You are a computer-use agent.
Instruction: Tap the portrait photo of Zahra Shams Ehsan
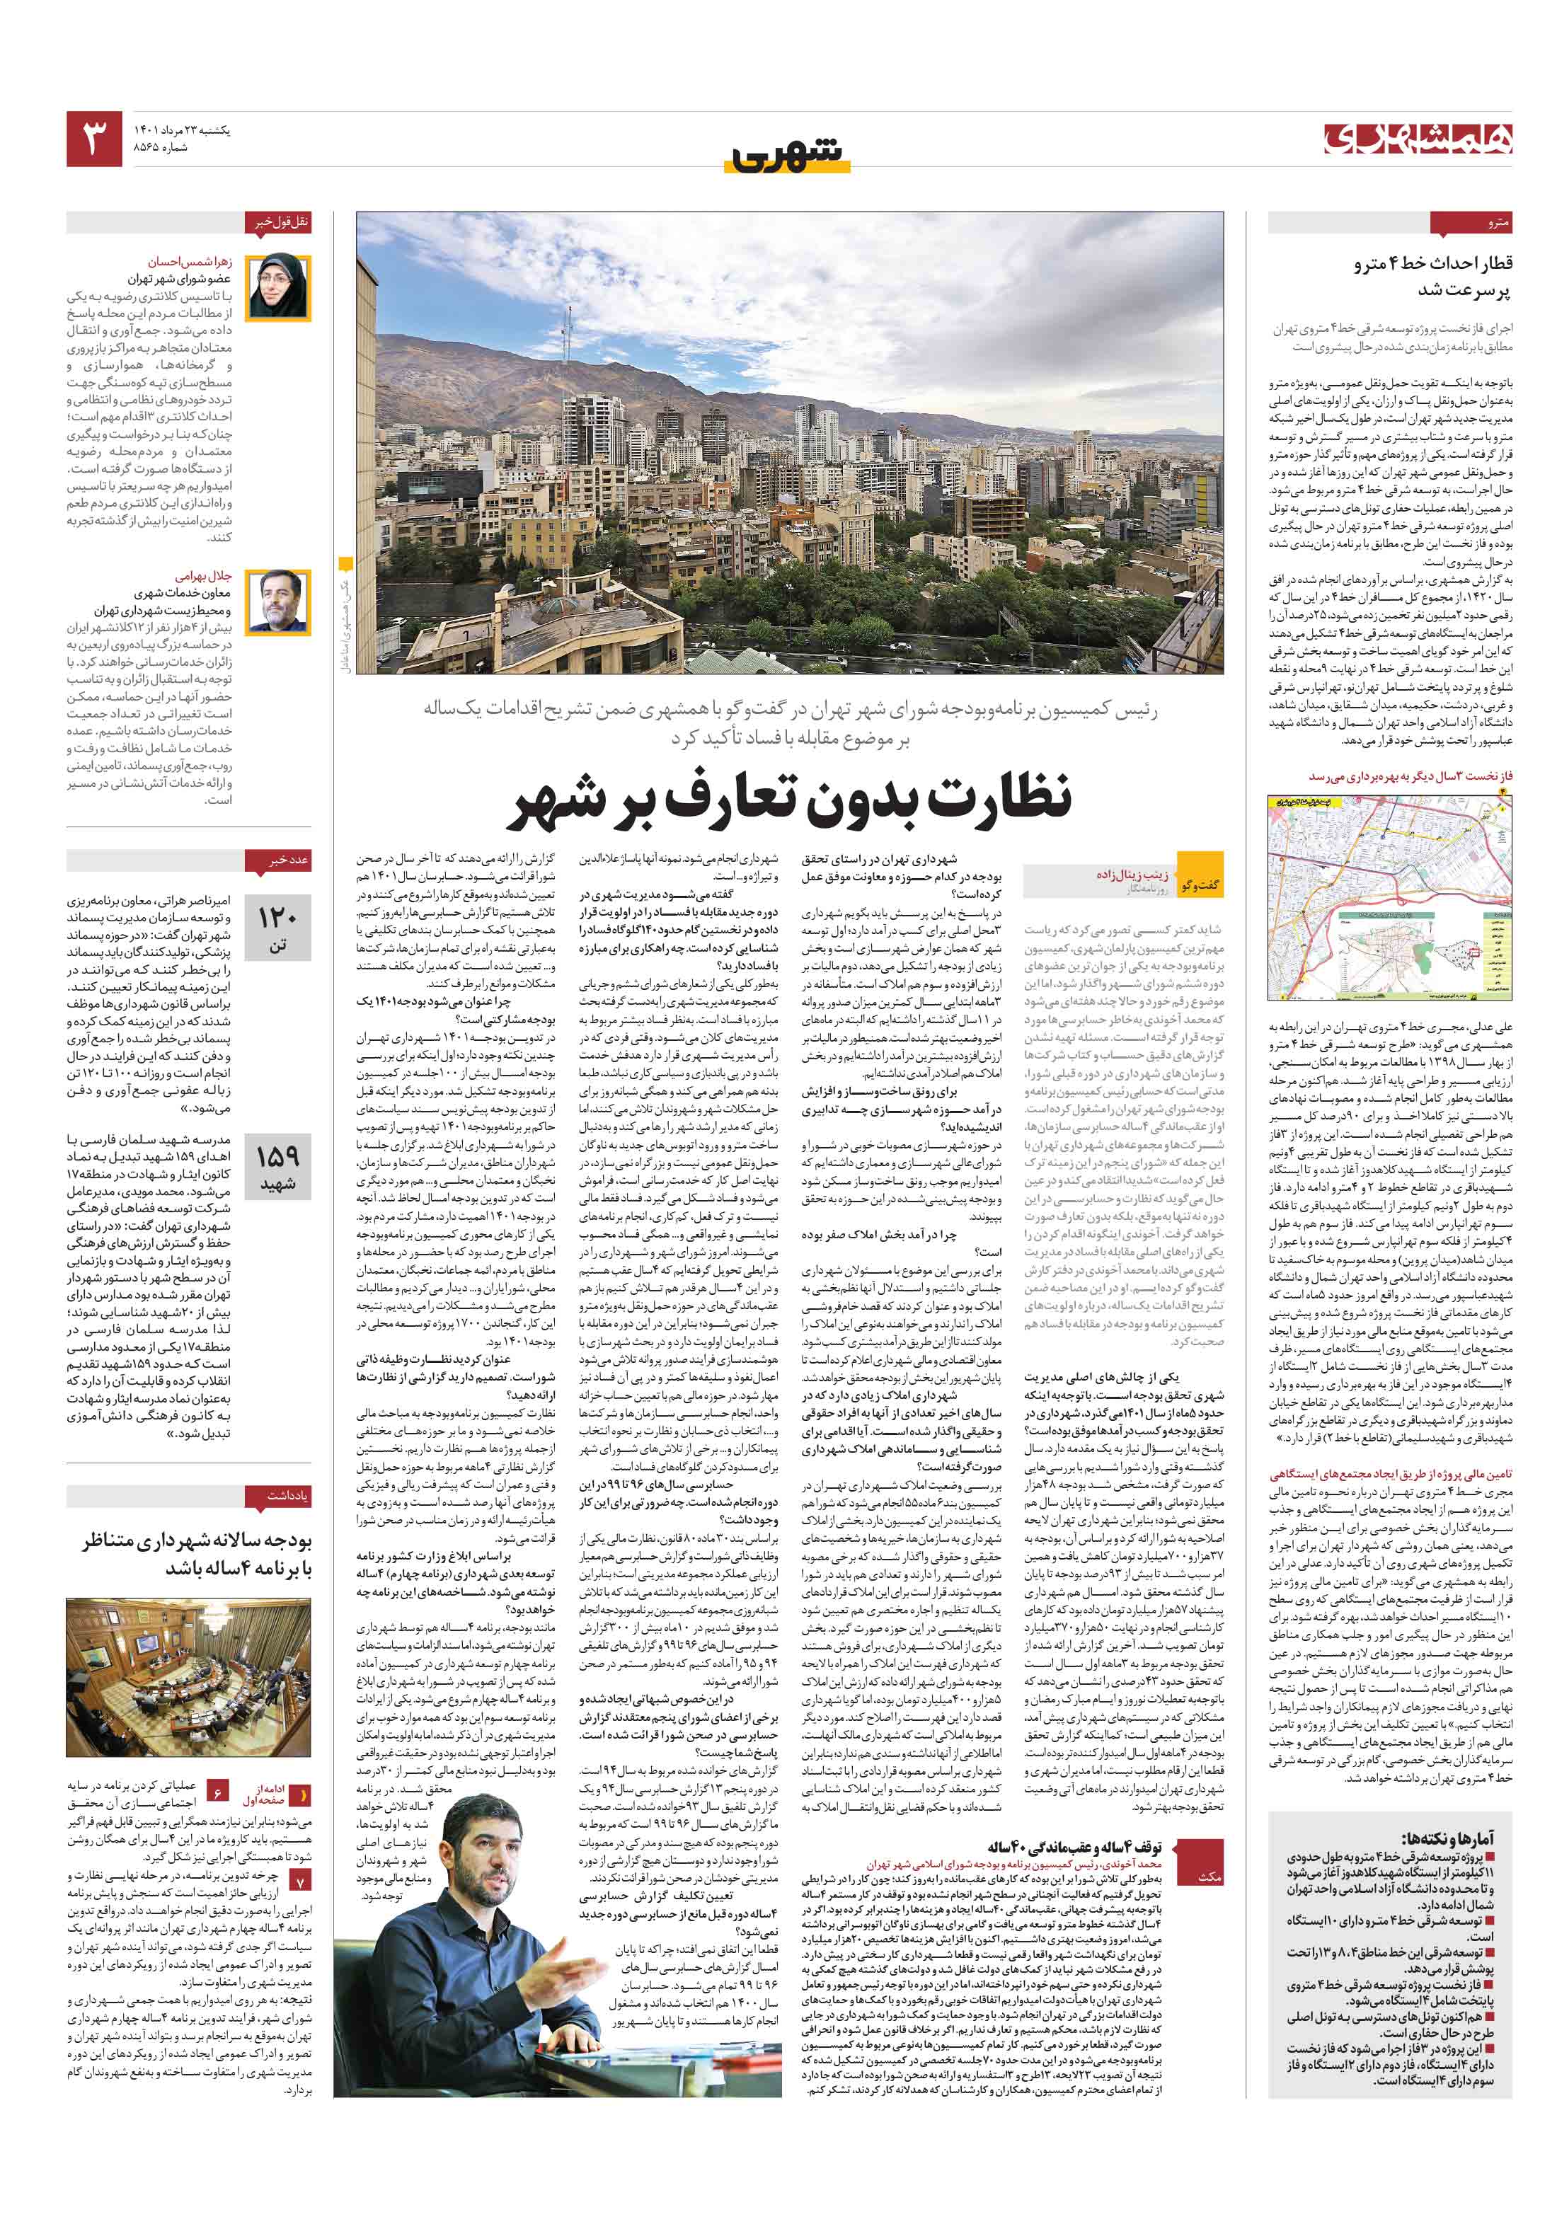[278, 288]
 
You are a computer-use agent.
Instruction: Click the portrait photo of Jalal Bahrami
[278, 601]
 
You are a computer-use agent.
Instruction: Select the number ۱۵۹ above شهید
[277, 1156]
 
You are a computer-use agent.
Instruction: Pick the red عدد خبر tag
[289, 859]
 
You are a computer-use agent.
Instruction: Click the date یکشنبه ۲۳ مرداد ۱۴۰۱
[183, 129]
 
